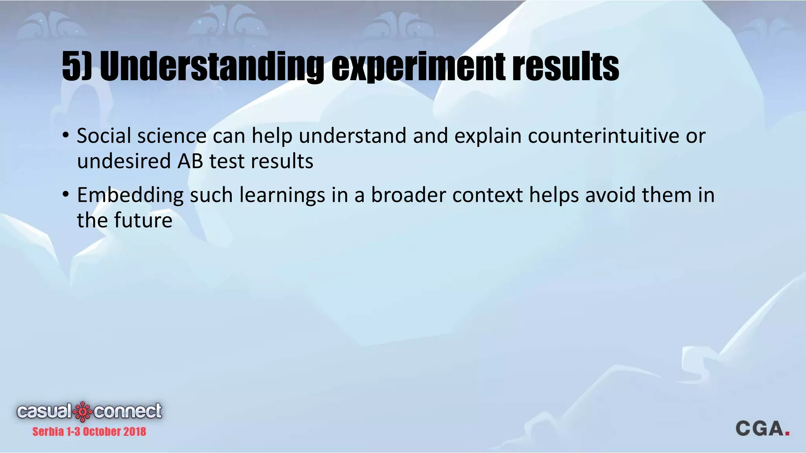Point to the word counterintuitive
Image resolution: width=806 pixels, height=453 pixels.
pyautogui.click(x=603, y=136)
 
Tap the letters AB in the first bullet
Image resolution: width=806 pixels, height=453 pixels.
pyautogui.click(x=190, y=161)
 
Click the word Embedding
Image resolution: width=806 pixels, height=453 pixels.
pyautogui.click(x=130, y=195)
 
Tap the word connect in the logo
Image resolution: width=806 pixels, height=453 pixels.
pyautogui.click(x=128, y=411)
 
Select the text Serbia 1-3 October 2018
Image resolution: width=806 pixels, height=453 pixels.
pyautogui.click(x=89, y=432)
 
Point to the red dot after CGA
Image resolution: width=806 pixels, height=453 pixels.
pyautogui.click(x=787, y=433)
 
